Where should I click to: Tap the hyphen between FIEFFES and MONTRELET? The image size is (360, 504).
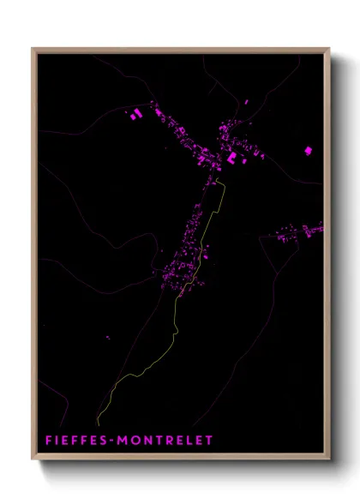coord(116,441)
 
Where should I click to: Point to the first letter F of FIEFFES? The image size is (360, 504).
coord(50,441)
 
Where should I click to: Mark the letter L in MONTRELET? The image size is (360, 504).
coord(188,441)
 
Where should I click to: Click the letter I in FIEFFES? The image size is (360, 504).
coord(59,441)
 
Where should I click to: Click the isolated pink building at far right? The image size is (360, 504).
coord(308,151)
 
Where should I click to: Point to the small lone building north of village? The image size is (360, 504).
coord(245,102)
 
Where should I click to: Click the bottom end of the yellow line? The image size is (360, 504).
coord(97,423)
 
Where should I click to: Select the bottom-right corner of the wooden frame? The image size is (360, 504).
coord(329,459)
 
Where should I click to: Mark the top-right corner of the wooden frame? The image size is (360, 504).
coord(329,49)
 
